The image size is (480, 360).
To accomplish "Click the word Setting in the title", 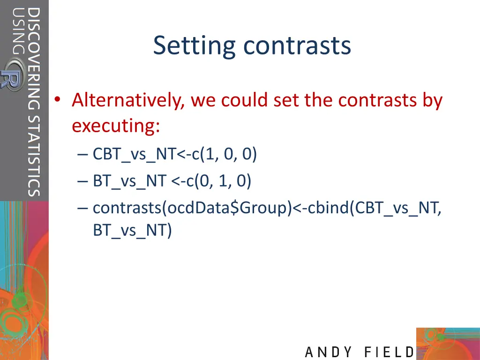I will point(195,46).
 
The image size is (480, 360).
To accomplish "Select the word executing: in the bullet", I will point(116,126).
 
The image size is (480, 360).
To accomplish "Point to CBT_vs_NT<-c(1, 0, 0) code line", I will point(174,154).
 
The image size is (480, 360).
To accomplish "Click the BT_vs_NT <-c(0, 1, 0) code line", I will point(172,180).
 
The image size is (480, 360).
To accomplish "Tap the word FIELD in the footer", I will point(389,352).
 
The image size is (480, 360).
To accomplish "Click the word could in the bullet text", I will point(244,100).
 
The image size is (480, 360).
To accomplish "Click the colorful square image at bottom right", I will point(448,343).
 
